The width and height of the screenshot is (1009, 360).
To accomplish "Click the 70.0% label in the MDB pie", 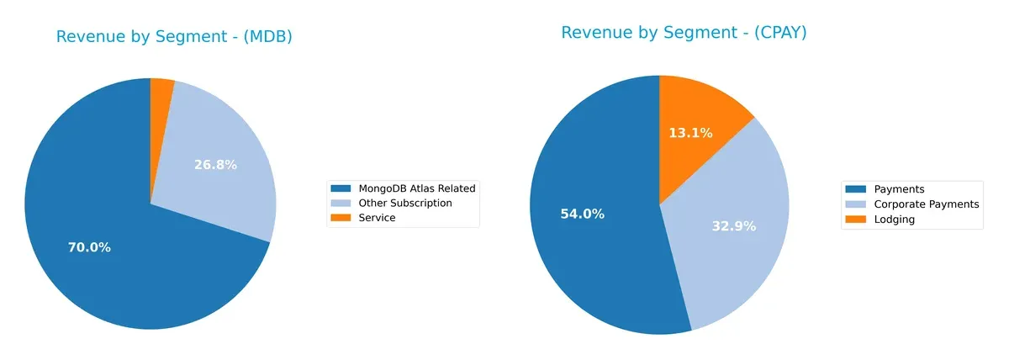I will pyautogui.click(x=89, y=247).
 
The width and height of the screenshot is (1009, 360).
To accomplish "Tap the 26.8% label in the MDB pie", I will pyautogui.click(x=215, y=165).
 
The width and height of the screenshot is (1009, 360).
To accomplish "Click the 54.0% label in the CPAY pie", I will pyautogui.click(x=582, y=214).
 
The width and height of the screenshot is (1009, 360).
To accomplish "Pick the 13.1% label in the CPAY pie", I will pyautogui.click(x=691, y=133).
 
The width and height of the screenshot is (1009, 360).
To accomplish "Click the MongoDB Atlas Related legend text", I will pyautogui.click(x=416, y=188).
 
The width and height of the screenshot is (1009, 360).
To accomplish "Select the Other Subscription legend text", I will pyautogui.click(x=404, y=203).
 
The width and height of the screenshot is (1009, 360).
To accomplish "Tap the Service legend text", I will pyautogui.click(x=377, y=217).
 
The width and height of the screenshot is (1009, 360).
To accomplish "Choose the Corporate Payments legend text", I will pyautogui.click(x=927, y=204).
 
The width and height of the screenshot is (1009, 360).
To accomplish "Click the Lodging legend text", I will pyautogui.click(x=895, y=219).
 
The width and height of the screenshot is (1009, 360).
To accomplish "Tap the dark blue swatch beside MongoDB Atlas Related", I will pyautogui.click(x=341, y=188).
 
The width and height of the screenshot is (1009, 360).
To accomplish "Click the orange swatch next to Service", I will pyautogui.click(x=341, y=217).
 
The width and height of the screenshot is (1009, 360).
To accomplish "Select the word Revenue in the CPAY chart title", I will pyautogui.click(x=594, y=33).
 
